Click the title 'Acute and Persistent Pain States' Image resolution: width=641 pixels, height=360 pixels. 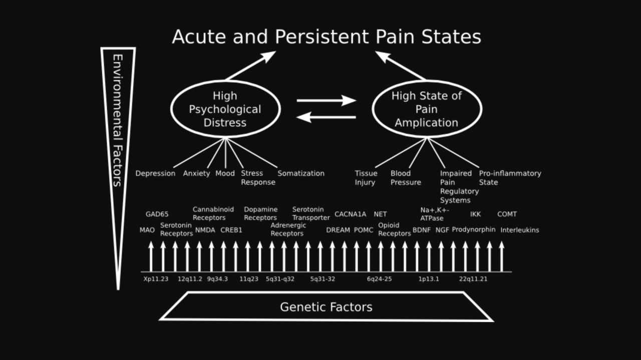327,37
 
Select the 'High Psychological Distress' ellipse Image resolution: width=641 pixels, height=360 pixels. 225,109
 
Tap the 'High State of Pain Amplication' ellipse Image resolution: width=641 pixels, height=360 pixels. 427,109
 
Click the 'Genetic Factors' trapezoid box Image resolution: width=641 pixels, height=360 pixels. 326,306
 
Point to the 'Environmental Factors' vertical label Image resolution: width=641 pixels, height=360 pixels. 118,120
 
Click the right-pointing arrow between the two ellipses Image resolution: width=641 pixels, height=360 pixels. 326,101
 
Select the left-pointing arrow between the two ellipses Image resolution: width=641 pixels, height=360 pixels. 326,117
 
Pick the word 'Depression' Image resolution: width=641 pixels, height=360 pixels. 155,173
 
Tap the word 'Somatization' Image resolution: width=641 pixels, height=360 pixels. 301,173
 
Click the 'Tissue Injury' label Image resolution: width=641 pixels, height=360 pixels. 366,178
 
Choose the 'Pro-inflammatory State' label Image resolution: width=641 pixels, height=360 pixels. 510,178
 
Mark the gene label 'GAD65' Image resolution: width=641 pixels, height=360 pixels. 157,214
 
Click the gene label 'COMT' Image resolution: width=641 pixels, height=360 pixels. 507,214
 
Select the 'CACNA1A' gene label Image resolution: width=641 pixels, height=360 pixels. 350,214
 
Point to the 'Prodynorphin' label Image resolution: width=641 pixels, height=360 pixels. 473,229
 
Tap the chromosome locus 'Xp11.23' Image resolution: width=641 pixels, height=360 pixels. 156,279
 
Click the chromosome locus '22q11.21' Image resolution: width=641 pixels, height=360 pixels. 473,279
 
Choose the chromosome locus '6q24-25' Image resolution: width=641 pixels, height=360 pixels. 379,279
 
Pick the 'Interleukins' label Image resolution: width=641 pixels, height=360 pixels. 520,230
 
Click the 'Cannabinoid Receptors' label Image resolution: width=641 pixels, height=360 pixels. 213,213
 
